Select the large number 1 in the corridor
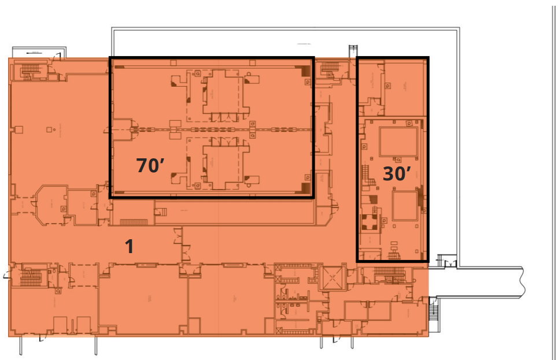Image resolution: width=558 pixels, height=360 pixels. [x=130, y=247]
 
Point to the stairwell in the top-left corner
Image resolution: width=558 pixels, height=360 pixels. [x=29, y=72]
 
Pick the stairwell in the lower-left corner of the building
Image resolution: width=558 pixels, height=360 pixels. [x=28, y=277]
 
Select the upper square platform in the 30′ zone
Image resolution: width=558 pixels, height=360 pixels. [x=398, y=142]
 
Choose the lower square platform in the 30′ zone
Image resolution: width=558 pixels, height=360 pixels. [x=404, y=206]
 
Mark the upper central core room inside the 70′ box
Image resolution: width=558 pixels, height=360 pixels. [x=223, y=92]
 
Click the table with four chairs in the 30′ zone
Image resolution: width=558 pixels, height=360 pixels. [x=368, y=221]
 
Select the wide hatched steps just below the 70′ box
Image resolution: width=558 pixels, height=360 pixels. [x=132, y=222]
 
